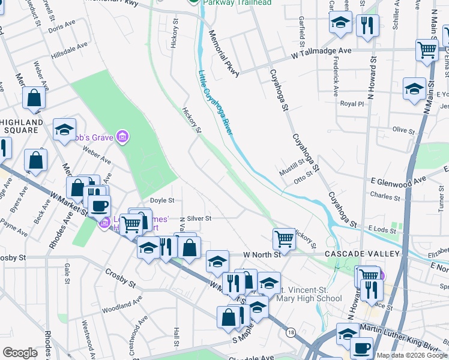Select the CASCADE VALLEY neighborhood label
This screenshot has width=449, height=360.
(358, 254)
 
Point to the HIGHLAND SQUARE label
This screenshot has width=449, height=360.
(22, 126)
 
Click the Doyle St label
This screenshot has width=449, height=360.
(161, 200)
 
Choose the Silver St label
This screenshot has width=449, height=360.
(199, 219)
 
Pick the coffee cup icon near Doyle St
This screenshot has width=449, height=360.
(99, 205)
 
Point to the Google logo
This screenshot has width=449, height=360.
(20, 353)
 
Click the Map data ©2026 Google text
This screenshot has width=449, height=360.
(412, 355)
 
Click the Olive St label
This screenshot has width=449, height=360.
(403, 130)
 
